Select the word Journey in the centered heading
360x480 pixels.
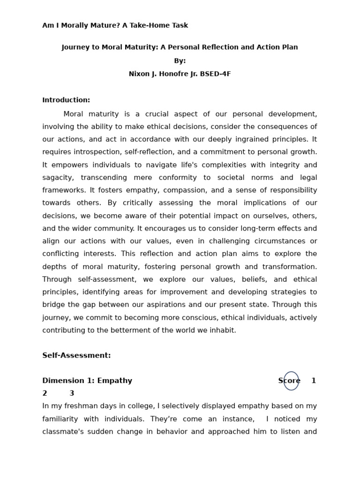(x=76, y=47)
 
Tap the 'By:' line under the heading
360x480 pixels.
(x=180, y=61)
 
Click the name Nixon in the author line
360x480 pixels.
(x=140, y=74)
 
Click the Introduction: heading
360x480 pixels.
(x=66, y=100)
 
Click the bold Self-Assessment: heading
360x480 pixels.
(x=76, y=356)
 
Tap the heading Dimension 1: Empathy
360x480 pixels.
(x=87, y=381)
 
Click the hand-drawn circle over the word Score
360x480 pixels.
(x=291, y=381)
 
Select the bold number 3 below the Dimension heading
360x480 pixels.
(x=72, y=394)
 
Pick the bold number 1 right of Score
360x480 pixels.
(x=314, y=381)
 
